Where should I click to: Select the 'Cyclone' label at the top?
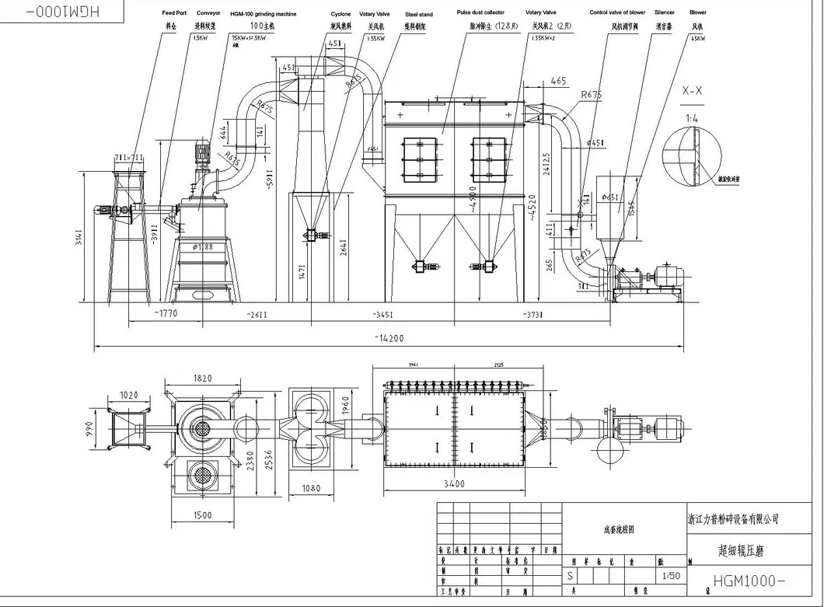pyautogui.click(x=340, y=14)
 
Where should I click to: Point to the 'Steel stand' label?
pyautogui.click(x=419, y=14)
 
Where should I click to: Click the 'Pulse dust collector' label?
pyautogui.click(x=480, y=13)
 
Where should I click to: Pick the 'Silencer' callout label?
pyautogui.click(x=664, y=13)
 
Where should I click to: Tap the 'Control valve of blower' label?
pyautogui.click(x=617, y=13)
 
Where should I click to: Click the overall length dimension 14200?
pyautogui.click(x=392, y=338)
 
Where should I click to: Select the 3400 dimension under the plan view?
pyautogui.click(x=455, y=484)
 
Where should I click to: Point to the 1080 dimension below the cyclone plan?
pyautogui.click(x=309, y=489)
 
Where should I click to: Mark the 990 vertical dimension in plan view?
pyautogui.click(x=89, y=429)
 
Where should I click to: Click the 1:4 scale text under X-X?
pyautogui.click(x=691, y=119)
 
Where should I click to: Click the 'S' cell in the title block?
pyautogui.click(x=571, y=577)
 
